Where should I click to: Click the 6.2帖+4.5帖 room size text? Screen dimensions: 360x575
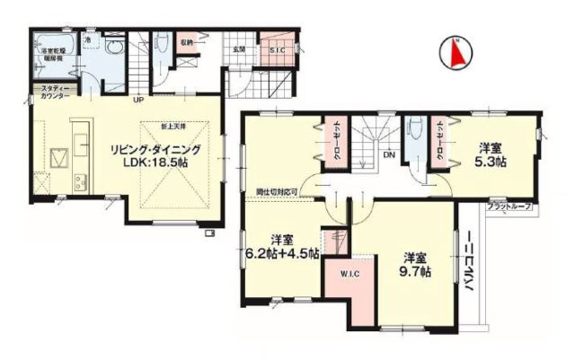[282, 253]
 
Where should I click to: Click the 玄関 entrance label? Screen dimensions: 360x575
[240, 49]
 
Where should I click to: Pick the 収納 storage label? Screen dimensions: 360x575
[186, 43]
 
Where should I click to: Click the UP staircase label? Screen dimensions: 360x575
[139, 100]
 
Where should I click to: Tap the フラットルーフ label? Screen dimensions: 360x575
[509, 207]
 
